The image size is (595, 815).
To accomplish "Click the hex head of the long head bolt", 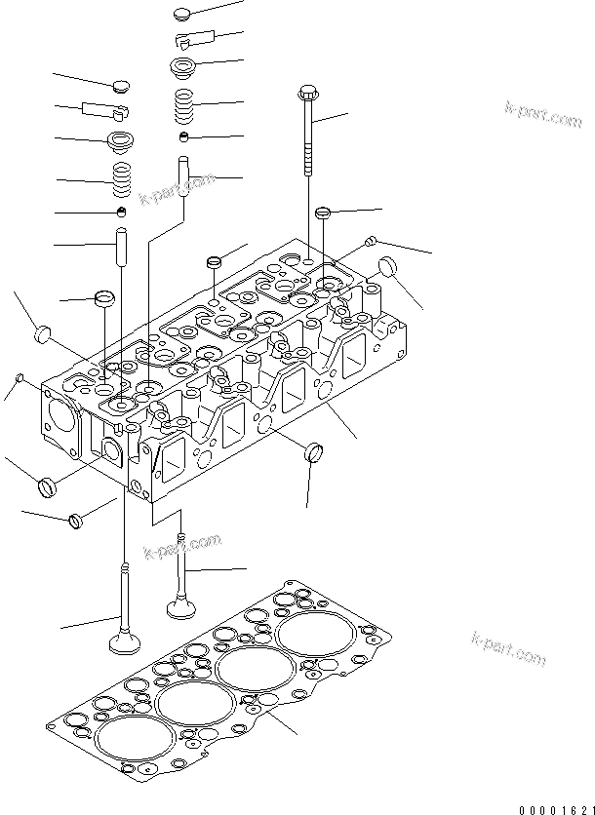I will [x=306, y=95].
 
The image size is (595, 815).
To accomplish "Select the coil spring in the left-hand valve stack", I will [x=123, y=176].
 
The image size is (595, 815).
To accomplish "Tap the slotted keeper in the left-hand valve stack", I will [x=99, y=108].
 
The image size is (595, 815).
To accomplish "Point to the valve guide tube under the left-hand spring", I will [x=123, y=247].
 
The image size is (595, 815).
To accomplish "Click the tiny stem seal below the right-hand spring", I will [x=183, y=136].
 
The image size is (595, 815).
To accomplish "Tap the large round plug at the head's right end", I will [x=387, y=266].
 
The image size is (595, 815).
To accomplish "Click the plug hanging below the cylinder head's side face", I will [x=313, y=452].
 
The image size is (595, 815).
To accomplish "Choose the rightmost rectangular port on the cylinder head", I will [x=353, y=354].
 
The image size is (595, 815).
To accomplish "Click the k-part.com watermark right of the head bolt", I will [x=543, y=115].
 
